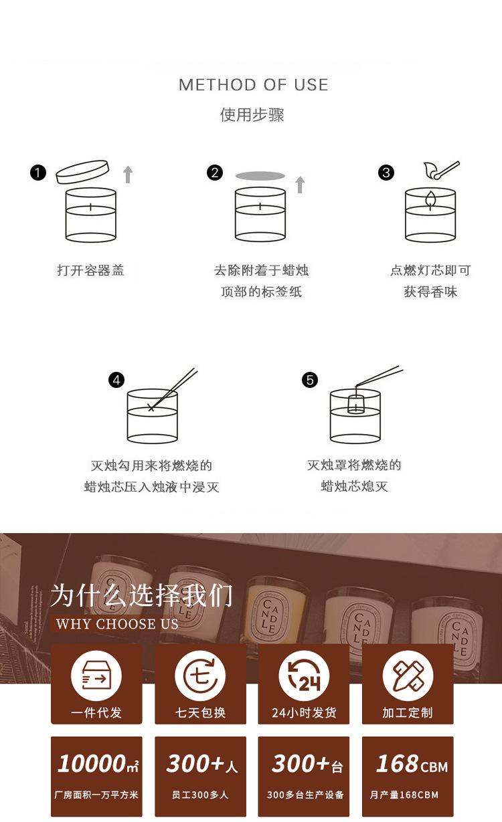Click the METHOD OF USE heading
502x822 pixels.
[x=254, y=85]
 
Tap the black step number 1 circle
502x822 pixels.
[x=38, y=173]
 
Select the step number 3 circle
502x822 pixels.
[x=386, y=173]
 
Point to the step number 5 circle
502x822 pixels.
[x=310, y=379]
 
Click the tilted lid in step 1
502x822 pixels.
[x=82, y=172]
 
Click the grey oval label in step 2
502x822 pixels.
[x=260, y=176]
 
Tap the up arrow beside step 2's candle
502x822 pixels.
[x=300, y=185]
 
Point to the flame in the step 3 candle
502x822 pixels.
[x=430, y=199]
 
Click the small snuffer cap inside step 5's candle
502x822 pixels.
[x=355, y=404]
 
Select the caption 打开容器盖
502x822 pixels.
[x=91, y=270]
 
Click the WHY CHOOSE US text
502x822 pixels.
[x=117, y=624]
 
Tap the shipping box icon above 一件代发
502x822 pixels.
[x=96, y=676]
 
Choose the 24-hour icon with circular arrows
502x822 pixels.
[x=304, y=676]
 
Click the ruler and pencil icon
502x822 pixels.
[x=408, y=676]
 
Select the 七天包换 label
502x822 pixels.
[x=200, y=712]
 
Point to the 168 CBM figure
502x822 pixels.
[x=412, y=764]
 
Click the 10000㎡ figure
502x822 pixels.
[x=98, y=764]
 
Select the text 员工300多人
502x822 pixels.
[x=200, y=795]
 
